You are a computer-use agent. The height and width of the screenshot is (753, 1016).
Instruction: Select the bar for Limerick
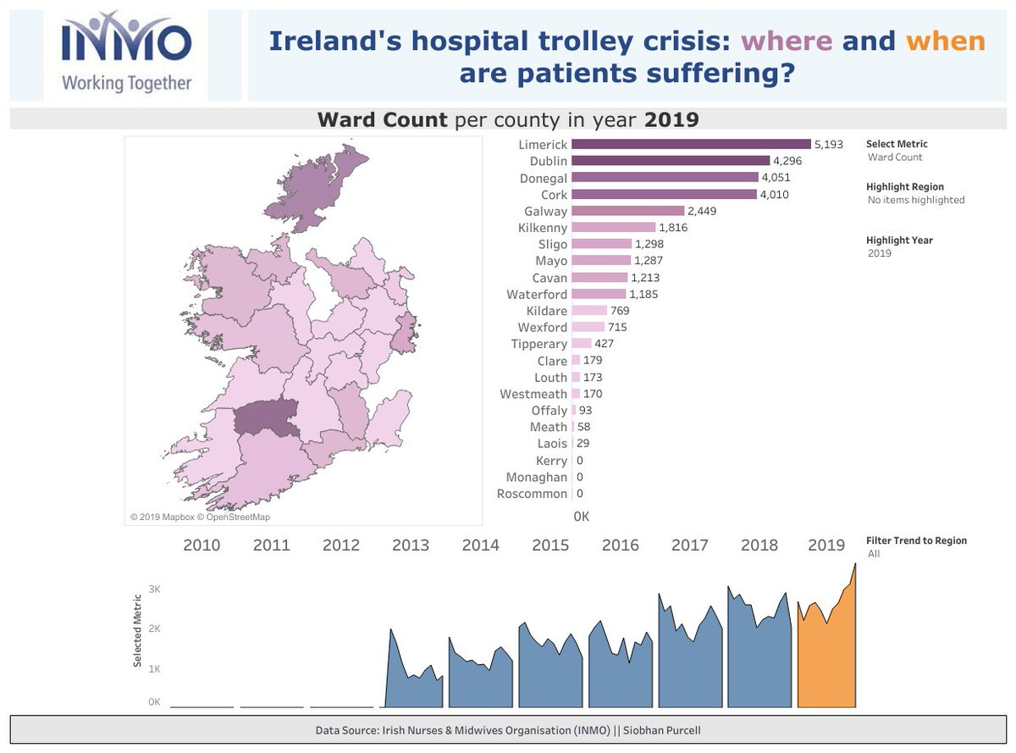691,145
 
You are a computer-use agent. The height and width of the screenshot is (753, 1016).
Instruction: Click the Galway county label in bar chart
546,211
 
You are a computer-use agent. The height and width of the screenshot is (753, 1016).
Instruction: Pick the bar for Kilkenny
613,228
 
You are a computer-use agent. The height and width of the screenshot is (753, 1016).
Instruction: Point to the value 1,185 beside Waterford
643,294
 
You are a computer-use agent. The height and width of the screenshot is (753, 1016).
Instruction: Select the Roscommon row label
532,494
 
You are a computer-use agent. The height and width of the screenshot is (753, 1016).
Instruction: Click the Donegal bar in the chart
665,178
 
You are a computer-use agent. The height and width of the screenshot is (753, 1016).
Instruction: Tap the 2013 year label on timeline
411,545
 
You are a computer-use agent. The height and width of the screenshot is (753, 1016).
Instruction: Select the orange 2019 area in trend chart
827,661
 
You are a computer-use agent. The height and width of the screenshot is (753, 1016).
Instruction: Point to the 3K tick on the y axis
154,589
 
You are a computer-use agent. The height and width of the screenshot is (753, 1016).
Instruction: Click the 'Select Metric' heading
897,144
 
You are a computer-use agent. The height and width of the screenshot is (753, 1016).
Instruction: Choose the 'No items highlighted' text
916,200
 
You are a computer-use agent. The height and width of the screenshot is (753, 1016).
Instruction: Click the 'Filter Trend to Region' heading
916,540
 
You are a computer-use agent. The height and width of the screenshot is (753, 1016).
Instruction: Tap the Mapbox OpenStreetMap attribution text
200,517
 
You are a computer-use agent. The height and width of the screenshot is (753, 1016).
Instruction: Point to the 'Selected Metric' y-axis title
137,631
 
